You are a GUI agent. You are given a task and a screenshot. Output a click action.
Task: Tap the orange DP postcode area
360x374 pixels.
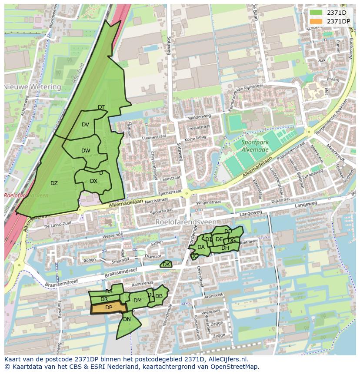[x=109, y=308]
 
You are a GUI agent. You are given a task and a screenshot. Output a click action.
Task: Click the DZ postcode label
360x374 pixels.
[x=54, y=183]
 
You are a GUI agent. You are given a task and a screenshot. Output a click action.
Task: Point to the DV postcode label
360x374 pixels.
[x=85, y=125]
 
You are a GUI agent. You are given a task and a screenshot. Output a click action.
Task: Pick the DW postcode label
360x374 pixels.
[x=86, y=151]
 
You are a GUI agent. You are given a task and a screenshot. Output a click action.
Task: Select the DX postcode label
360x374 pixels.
[x=93, y=181]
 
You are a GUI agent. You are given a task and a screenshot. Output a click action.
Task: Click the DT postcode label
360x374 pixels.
[x=101, y=107]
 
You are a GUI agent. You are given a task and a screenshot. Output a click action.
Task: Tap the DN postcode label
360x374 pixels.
[x=127, y=319]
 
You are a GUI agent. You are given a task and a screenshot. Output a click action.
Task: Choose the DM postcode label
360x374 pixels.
[x=137, y=300]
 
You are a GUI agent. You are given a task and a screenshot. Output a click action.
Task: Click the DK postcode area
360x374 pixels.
[x=166, y=264]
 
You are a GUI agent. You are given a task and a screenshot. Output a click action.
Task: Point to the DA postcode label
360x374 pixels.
[x=201, y=247]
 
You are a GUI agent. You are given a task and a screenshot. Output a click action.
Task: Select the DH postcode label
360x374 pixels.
[x=225, y=248]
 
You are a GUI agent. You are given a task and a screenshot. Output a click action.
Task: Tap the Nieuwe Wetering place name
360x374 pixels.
[x=33, y=87]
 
